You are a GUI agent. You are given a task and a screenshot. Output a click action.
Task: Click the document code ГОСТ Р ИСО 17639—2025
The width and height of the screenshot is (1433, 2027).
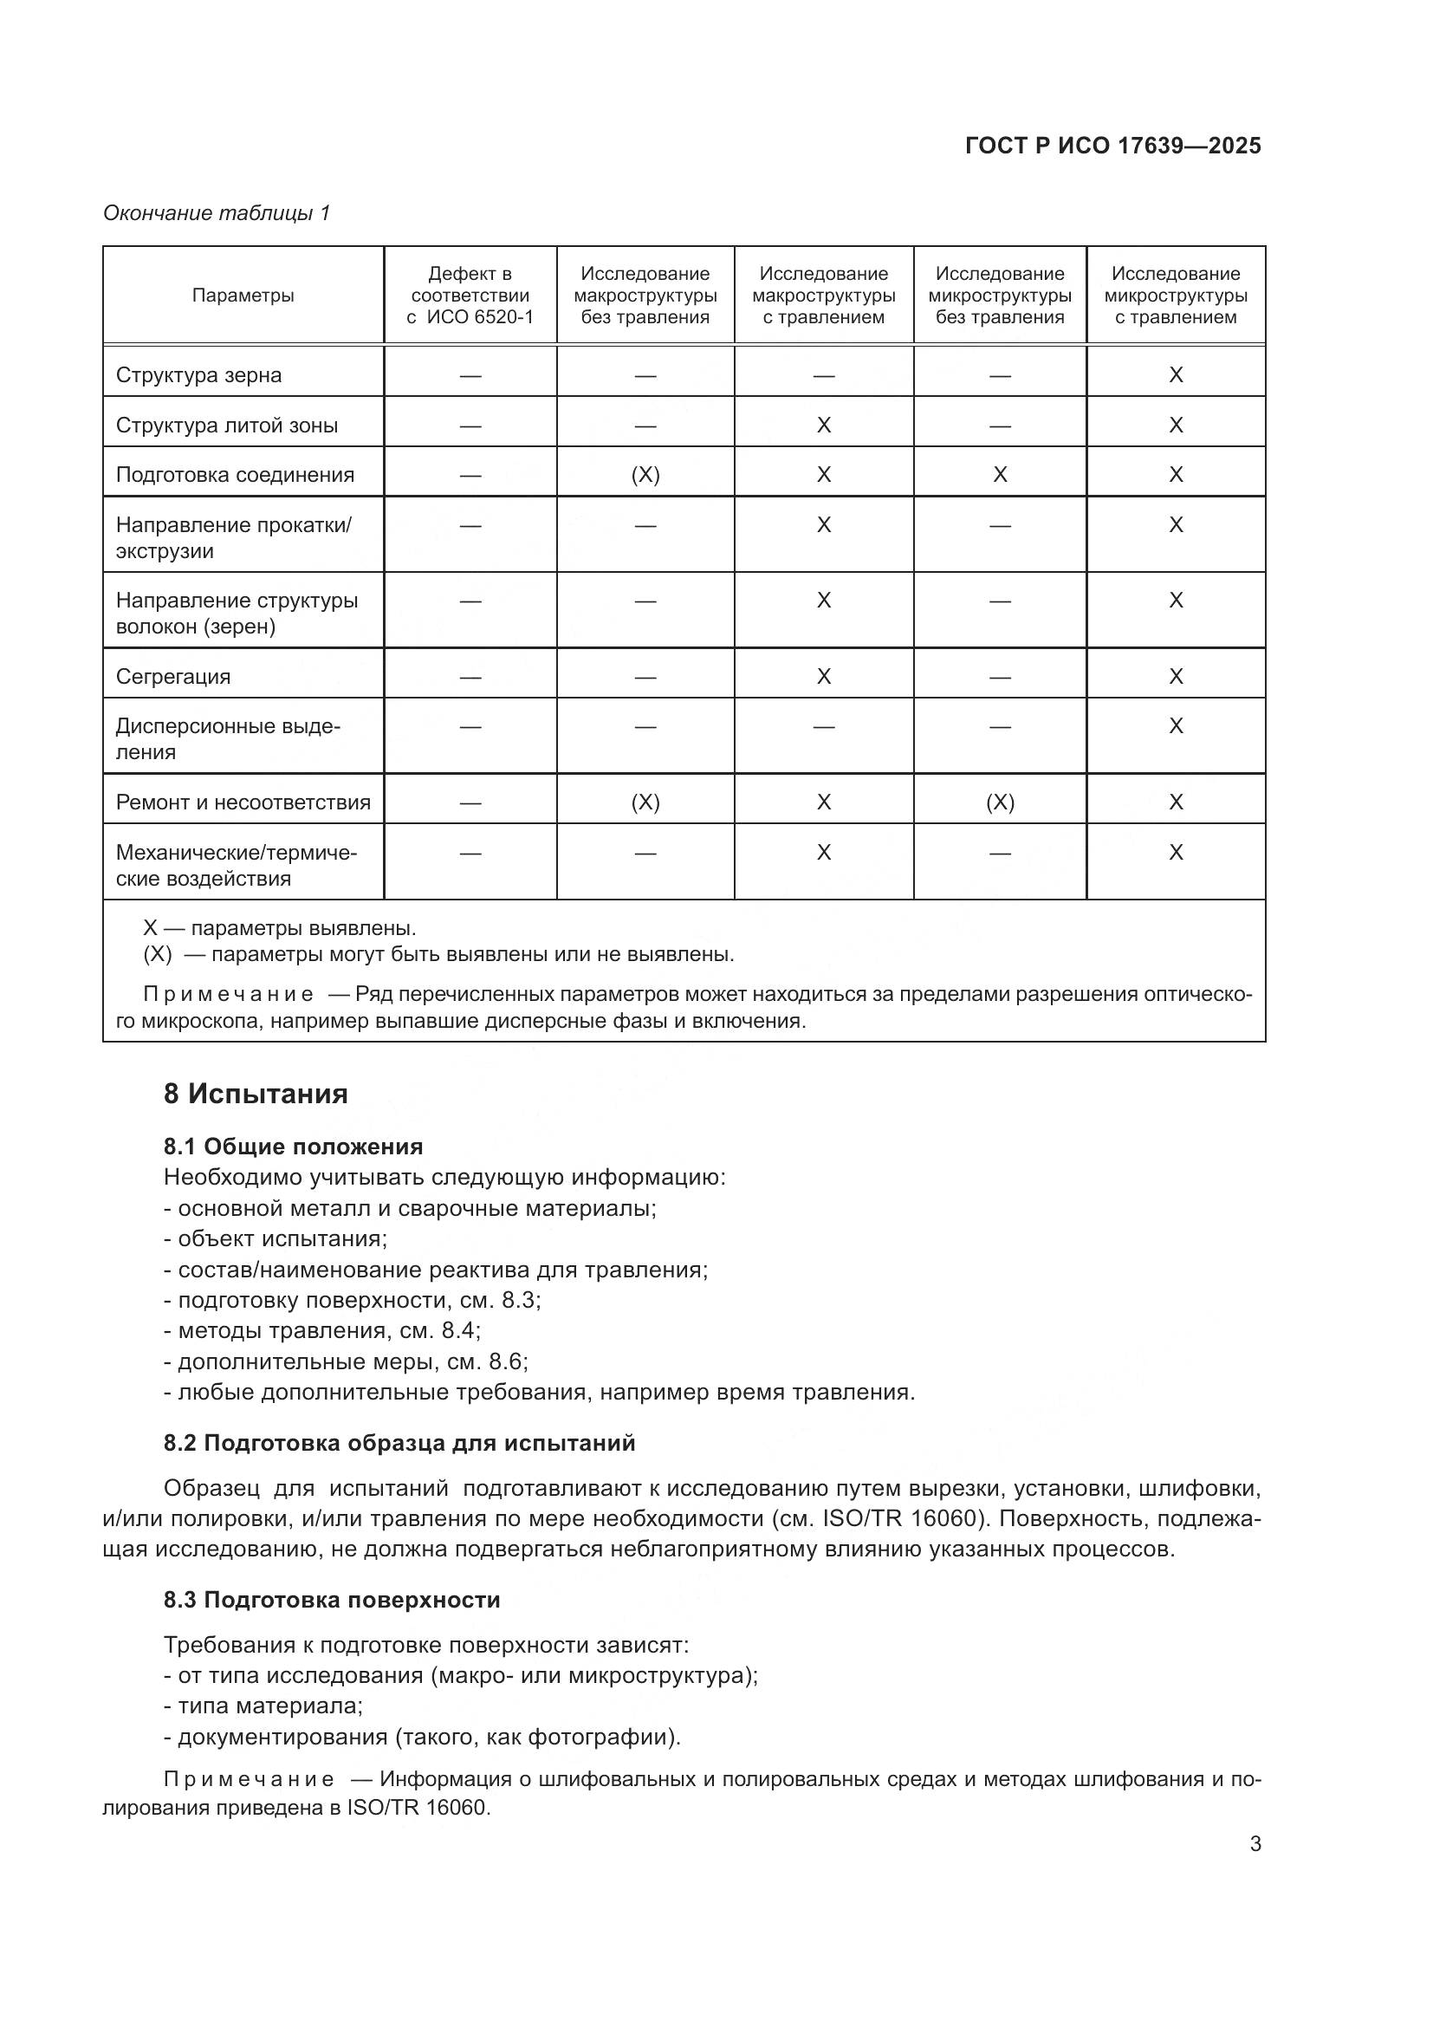point(1112,146)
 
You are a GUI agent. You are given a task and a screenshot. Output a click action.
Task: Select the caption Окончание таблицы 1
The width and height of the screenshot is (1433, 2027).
point(217,213)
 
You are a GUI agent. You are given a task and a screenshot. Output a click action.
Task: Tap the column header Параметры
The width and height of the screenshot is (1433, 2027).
point(243,296)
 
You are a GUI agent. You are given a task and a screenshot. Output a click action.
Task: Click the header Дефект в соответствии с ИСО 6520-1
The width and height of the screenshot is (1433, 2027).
point(470,296)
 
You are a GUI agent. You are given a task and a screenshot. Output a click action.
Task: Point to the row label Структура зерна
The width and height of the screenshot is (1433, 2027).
point(198,375)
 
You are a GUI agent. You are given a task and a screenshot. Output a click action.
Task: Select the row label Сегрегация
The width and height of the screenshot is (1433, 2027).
point(173,677)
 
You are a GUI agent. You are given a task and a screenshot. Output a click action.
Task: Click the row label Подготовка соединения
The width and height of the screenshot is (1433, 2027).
point(235,475)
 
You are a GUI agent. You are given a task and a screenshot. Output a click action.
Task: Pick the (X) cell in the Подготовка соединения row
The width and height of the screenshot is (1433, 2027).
point(645,475)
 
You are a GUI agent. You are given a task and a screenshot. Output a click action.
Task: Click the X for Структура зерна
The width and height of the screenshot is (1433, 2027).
point(1176,375)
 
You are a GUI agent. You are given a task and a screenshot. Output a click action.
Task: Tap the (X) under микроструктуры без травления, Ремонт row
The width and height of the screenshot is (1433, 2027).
point(1000,802)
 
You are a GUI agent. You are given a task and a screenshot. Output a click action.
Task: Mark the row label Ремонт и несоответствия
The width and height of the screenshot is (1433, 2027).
point(243,802)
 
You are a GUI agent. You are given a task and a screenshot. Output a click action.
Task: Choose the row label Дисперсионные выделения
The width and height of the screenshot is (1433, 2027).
point(227,739)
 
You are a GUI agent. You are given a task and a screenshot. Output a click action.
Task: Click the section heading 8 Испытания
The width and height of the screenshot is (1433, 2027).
point(256,1094)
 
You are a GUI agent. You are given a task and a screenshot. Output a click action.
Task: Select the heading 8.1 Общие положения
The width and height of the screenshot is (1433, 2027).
point(293,1147)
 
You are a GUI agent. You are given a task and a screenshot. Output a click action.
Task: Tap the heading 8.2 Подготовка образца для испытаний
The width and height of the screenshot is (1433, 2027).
point(399,1444)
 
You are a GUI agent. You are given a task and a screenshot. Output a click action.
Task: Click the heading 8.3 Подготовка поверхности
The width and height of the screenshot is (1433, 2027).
point(332,1601)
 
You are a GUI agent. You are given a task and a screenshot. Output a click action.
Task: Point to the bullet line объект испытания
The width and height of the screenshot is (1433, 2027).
point(276,1238)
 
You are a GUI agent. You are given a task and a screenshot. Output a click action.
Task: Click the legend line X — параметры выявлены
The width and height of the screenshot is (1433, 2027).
point(279,929)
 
